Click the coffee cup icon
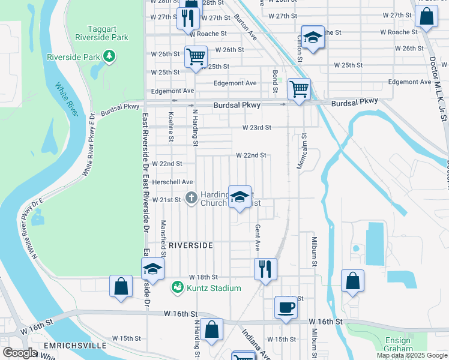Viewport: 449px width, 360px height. coord(286,308)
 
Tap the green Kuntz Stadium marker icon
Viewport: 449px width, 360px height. coord(177,288)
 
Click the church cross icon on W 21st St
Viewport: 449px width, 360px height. coord(191,197)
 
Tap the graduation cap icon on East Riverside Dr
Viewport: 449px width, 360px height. coord(152,269)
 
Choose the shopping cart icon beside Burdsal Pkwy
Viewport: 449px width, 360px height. coord(299,89)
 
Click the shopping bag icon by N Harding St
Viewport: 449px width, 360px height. coord(212,330)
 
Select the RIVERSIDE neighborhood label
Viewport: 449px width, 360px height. coord(190,246)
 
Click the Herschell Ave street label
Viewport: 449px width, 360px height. coord(172,182)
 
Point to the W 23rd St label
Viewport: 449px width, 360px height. coord(257,128)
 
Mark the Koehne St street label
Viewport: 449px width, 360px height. coord(171,127)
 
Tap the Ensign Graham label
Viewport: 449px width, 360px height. coord(398,344)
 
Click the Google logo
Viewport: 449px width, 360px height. coord(20,353)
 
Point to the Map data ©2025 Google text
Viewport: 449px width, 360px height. coord(412,355)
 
